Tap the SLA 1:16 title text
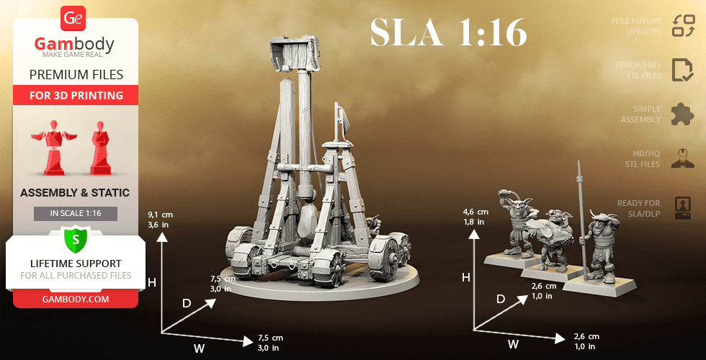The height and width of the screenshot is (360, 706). pyautogui.click(x=448, y=32)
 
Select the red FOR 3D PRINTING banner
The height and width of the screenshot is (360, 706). pyautogui.click(x=76, y=95)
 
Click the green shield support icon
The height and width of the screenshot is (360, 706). pyautogui.click(x=76, y=238)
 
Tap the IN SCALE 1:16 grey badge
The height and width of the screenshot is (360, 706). pyautogui.click(x=76, y=214)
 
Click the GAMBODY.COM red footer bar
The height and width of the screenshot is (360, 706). pyautogui.click(x=76, y=299)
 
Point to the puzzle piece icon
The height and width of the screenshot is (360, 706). pyautogui.click(x=682, y=114)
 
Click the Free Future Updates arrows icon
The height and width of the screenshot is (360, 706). pyautogui.click(x=682, y=26)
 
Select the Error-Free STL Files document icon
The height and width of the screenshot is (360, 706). pyautogui.click(x=682, y=70)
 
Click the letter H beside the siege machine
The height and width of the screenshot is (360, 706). pyautogui.click(x=151, y=283)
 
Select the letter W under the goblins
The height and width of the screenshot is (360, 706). pyautogui.click(x=513, y=344)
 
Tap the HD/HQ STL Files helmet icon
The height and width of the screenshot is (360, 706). pyautogui.click(x=682, y=158)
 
